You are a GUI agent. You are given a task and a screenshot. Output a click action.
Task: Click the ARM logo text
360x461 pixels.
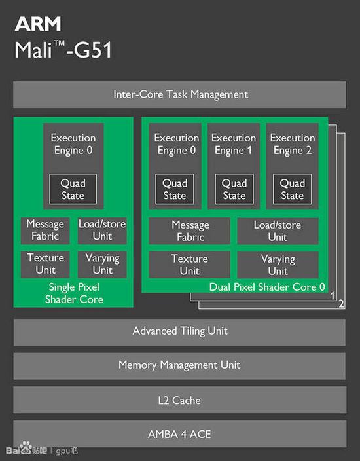pyautogui.click(x=38, y=24)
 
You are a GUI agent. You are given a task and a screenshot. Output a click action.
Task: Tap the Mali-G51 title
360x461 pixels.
pyautogui.click(x=63, y=50)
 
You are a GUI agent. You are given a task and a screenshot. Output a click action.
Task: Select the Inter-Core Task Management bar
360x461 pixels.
pyautogui.click(x=179, y=95)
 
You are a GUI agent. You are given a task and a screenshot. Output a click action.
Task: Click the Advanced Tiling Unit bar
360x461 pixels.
pyautogui.click(x=179, y=332)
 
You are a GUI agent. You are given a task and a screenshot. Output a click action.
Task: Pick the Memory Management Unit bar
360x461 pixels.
pyautogui.click(x=179, y=366)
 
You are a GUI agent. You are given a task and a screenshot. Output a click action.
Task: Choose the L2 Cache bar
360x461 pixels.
pyautogui.click(x=179, y=400)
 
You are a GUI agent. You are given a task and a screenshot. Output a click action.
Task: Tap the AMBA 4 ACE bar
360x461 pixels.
pyautogui.click(x=179, y=434)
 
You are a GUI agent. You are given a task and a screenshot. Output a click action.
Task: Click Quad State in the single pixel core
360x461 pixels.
pyautogui.click(x=73, y=189)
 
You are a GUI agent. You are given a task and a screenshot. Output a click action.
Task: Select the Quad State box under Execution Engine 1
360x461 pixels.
pyautogui.click(x=234, y=189)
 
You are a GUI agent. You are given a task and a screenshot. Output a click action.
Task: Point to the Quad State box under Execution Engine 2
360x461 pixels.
pyautogui.click(x=293, y=189)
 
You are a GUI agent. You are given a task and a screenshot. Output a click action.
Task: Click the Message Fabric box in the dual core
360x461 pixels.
pyautogui.click(x=190, y=231)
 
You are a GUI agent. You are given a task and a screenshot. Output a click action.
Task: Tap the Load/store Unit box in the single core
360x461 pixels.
pyautogui.click(x=102, y=230)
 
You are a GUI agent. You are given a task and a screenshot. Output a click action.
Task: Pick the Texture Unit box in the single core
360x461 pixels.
pyautogui.click(x=45, y=265)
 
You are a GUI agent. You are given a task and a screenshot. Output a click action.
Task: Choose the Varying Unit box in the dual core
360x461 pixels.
pyautogui.click(x=278, y=265)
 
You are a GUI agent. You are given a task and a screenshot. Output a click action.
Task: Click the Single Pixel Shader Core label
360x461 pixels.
pyautogui.click(x=74, y=293)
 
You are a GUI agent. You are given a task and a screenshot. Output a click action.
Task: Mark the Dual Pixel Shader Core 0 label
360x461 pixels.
pyautogui.click(x=267, y=287)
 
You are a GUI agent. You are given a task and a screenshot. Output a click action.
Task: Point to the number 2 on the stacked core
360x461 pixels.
pyautogui.click(x=341, y=304)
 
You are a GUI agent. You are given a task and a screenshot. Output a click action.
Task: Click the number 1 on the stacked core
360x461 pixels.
pyautogui.click(x=333, y=295)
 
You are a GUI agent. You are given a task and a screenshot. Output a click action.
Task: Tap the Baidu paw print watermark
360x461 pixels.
pyautogui.click(x=26, y=447)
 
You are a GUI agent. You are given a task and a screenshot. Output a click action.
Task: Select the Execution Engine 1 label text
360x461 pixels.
pyautogui.click(x=234, y=144)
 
